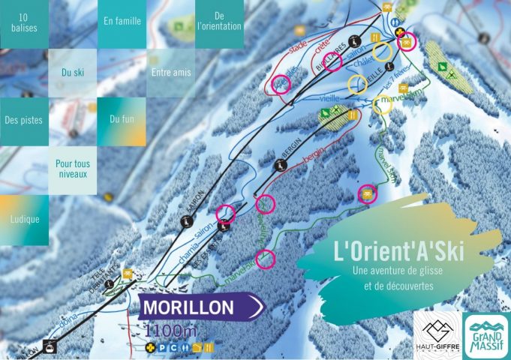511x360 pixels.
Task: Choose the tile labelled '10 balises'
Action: [25, 23]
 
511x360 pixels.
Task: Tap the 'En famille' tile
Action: [122, 21]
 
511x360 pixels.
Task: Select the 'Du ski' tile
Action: [74, 73]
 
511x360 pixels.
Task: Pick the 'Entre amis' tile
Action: [171, 73]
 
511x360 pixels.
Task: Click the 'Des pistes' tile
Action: [24, 119]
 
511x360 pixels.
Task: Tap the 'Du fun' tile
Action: [122, 119]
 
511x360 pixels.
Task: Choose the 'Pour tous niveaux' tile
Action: [72, 169]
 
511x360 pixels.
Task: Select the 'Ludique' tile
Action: [24, 219]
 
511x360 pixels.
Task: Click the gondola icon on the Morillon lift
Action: [50, 346]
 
